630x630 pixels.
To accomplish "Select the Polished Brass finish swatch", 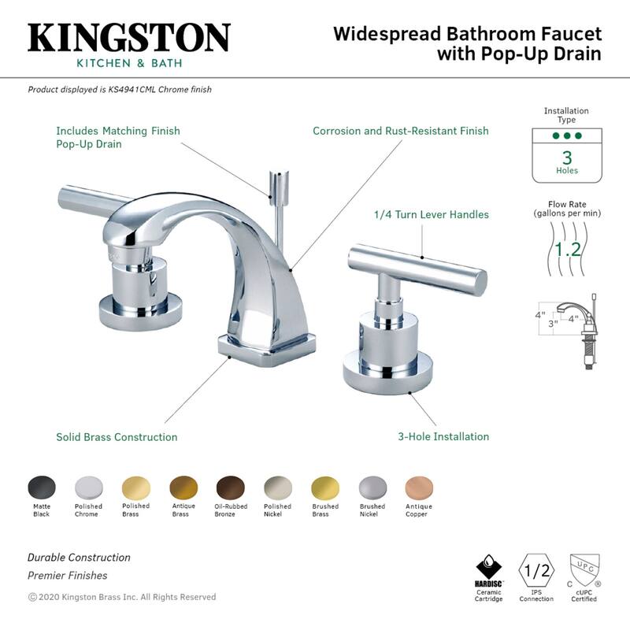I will [x=135, y=487].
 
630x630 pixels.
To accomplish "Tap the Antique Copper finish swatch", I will [x=418, y=487].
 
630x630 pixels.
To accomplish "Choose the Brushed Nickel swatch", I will [x=372, y=487].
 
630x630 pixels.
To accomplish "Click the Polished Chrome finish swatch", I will [x=88, y=487].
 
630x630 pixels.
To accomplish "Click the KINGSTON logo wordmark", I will [x=128, y=38].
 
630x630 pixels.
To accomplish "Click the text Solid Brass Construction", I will [x=117, y=437].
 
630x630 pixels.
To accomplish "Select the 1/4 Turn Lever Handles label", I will [x=431, y=214].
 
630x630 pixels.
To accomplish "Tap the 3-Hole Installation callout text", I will [x=443, y=436].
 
